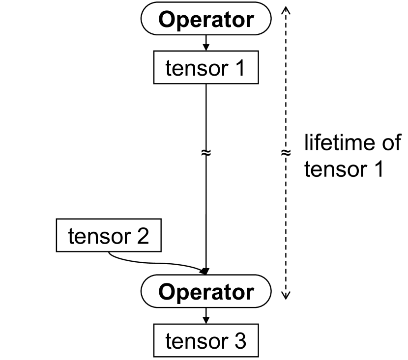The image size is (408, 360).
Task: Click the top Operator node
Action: pyautogui.click(x=206, y=20)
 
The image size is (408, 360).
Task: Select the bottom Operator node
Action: pyautogui.click(x=206, y=293)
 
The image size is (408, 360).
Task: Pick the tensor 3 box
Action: pyautogui.click(x=206, y=340)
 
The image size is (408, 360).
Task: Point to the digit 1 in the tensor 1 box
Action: pyautogui.click(x=239, y=69)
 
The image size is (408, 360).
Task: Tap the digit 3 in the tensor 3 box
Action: pyautogui.click(x=239, y=341)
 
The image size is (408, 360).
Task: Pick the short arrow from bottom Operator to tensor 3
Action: pyautogui.click(x=206, y=316)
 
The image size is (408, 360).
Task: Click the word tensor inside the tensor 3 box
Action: pyautogui.click(x=195, y=341)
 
